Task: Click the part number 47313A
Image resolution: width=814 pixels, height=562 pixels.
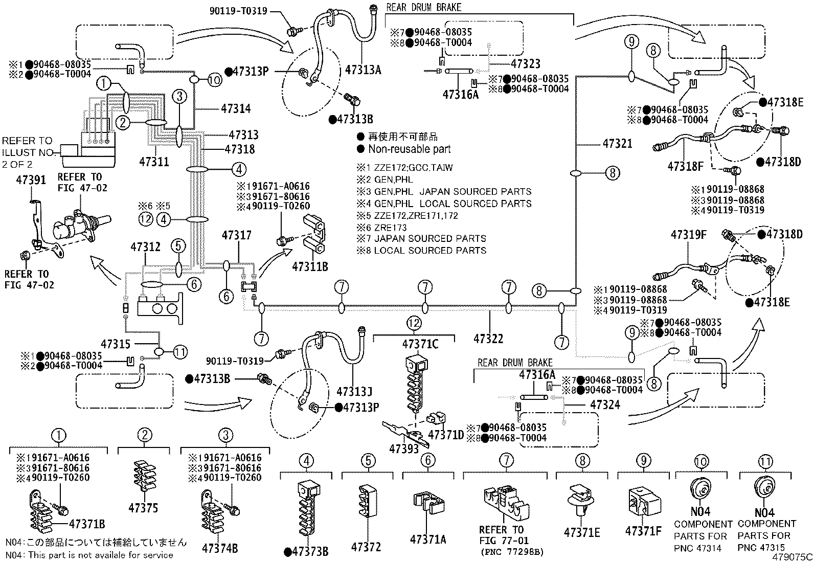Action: pyautogui.click(x=363, y=70)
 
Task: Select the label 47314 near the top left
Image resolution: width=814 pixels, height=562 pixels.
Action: pyautogui.click(x=236, y=108)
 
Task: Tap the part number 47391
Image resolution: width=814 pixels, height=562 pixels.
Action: pyautogui.click(x=31, y=179)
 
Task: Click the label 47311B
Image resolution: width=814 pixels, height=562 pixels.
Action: pyautogui.click(x=310, y=267)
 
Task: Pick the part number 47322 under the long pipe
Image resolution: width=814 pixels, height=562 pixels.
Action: pyautogui.click(x=488, y=339)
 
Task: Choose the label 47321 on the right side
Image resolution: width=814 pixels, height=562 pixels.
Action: pyautogui.click(x=618, y=144)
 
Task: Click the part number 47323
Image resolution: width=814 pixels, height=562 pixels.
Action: pyautogui.click(x=526, y=63)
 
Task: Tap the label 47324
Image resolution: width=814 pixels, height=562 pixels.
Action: pyautogui.click(x=605, y=404)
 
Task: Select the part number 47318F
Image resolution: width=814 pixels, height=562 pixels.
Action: pyautogui.click(x=685, y=166)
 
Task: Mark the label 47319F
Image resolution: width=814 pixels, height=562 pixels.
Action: pyautogui.click(x=689, y=235)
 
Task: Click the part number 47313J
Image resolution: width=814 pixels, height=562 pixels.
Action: pyautogui.click(x=354, y=392)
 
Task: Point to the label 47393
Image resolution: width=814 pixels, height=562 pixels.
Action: pyautogui.click(x=404, y=449)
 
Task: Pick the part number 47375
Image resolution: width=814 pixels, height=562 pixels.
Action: pyautogui.click(x=143, y=508)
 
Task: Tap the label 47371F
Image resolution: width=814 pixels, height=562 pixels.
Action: pyautogui.click(x=643, y=531)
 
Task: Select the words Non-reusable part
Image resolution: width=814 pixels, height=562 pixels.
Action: pyautogui.click(x=409, y=149)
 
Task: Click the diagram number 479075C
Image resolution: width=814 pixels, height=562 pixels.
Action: pyautogui.click(x=792, y=556)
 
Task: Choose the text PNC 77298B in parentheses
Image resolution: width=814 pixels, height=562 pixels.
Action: pyautogui.click(x=512, y=552)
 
